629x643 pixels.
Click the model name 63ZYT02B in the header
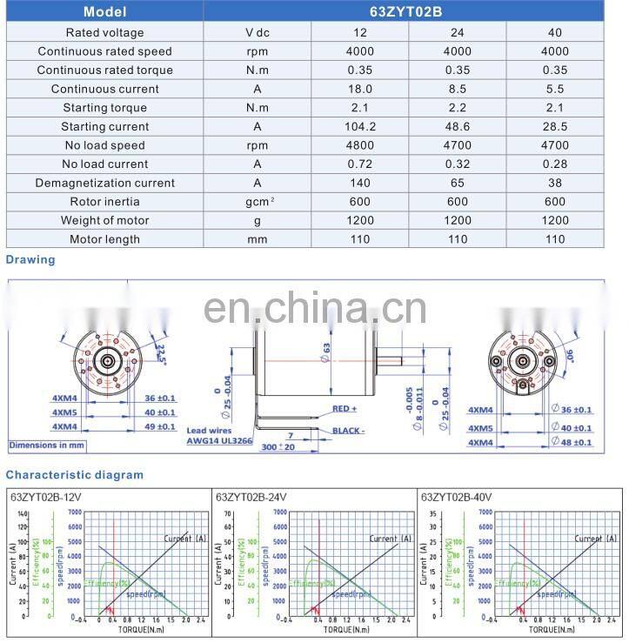click(408, 12)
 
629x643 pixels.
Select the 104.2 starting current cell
click(360, 126)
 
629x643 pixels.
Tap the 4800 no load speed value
click(360, 145)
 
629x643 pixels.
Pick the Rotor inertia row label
click(104, 202)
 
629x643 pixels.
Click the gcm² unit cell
click(257, 202)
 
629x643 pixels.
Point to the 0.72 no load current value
click(360, 164)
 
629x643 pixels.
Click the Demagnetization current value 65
click(458, 183)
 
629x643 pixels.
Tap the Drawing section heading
click(30, 259)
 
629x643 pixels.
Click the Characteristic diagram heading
click(75, 475)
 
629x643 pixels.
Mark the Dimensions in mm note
click(47, 445)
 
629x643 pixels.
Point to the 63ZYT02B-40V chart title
click(456, 497)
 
